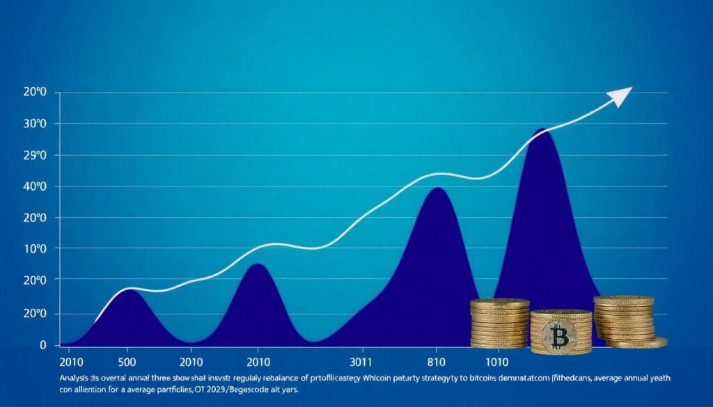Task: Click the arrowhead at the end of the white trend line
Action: [622, 95]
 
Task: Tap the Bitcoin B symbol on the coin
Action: [559, 336]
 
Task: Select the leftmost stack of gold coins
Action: [499, 323]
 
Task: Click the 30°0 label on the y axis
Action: [34, 124]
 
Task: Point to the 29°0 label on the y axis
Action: [34, 155]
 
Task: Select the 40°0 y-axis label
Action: [34, 186]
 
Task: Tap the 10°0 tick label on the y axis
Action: [34, 248]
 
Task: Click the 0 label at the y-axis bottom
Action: [43, 345]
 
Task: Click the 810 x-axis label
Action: [436, 363]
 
